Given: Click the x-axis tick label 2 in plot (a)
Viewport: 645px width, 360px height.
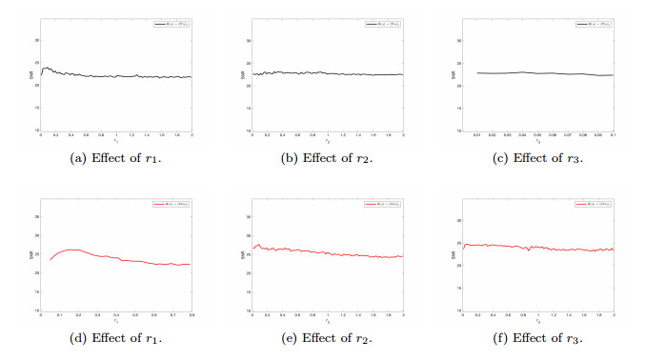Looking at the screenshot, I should pyautogui.click(x=191, y=136).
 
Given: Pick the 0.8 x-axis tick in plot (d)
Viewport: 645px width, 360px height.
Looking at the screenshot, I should pyautogui.click(x=191, y=316).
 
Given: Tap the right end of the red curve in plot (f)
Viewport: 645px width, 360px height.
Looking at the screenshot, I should pyautogui.click(x=613, y=250).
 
